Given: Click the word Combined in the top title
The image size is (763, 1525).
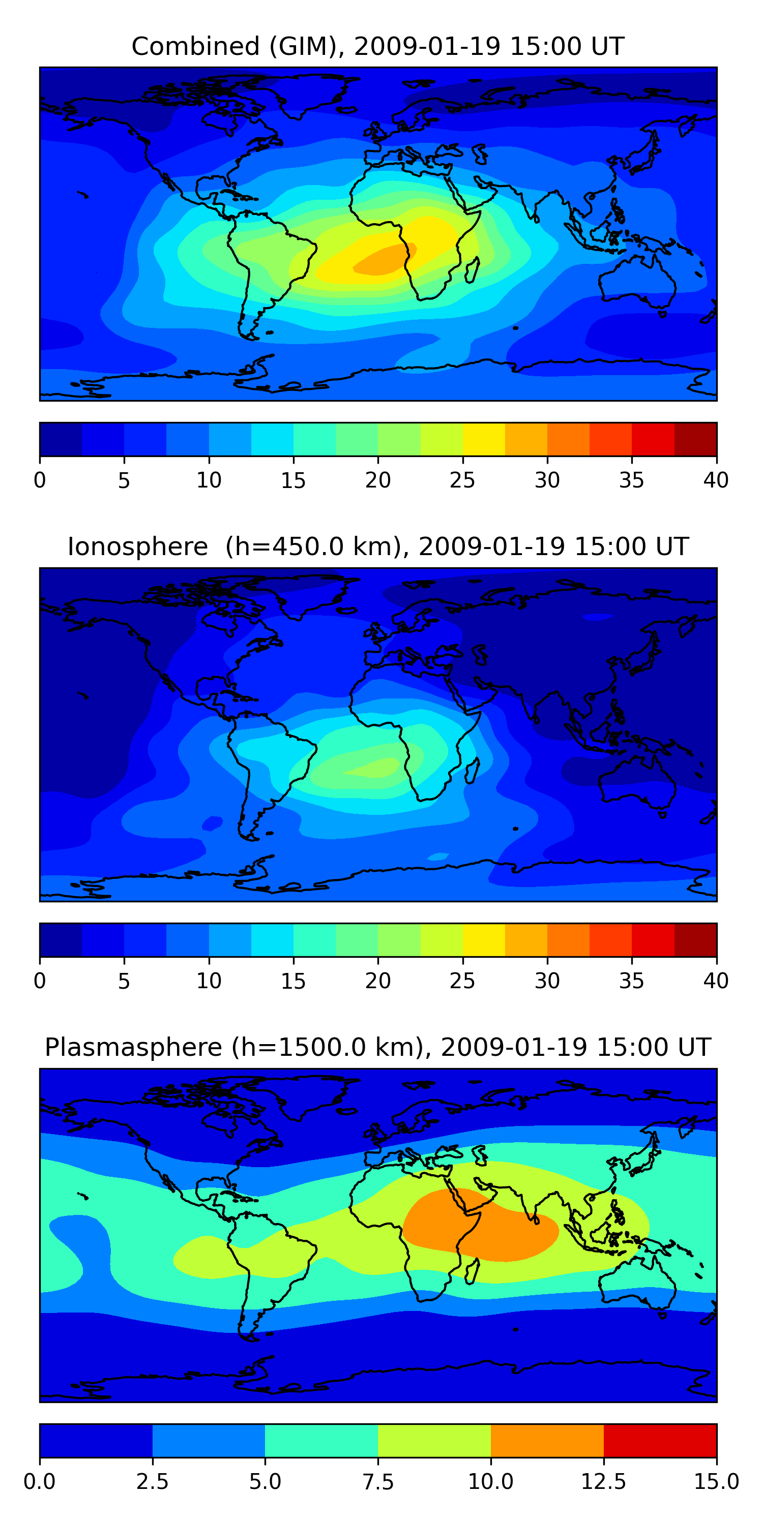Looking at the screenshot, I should click(x=195, y=46).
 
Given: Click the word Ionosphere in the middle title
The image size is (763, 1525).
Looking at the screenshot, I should click(x=137, y=546).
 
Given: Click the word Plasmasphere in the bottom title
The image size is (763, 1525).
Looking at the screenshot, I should click(x=133, y=1047).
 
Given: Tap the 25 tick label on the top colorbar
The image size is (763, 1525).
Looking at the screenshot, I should click(x=462, y=480).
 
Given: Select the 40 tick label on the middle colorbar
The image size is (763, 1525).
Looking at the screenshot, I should click(x=716, y=981).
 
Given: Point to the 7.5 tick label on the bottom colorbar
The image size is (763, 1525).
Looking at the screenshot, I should click(x=378, y=1482).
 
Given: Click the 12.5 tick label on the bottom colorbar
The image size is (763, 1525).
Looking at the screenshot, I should click(x=603, y=1482).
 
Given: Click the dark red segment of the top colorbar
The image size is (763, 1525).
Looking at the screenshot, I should click(x=695, y=439).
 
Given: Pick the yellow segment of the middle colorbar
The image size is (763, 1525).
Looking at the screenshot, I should click(x=483, y=940).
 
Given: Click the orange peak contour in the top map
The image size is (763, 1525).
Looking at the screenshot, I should click(x=382, y=260).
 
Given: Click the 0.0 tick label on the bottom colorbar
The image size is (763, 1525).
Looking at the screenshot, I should click(x=39, y=1482).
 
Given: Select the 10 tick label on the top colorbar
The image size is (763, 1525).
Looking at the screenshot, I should click(x=209, y=480).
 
